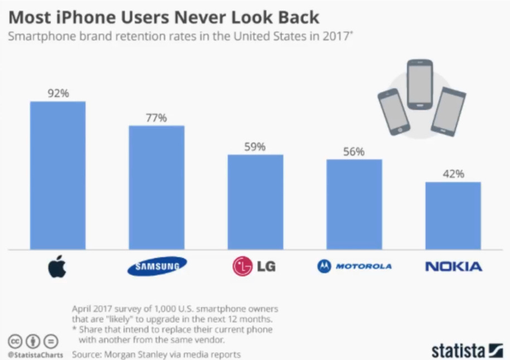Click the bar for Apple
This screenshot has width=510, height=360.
click(x=58, y=175)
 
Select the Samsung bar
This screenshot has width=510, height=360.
click(x=157, y=187)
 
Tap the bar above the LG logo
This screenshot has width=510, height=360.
click(x=255, y=202)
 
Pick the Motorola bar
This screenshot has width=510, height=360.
click(x=354, y=204)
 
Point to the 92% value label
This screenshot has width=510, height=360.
click(x=58, y=94)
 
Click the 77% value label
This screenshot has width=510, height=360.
click(x=156, y=118)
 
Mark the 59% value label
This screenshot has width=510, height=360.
click(x=255, y=147)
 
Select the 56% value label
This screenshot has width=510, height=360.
click(x=354, y=152)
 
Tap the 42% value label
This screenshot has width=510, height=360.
click(x=453, y=174)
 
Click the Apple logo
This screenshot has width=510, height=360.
click(x=57, y=267)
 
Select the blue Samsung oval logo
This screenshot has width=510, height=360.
click(x=157, y=266)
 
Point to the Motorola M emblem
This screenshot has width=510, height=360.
click(x=324, y=266)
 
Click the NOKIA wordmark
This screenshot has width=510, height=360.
click(x=453, y=266)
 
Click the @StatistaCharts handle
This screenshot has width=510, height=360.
click(x=36, y=354)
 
